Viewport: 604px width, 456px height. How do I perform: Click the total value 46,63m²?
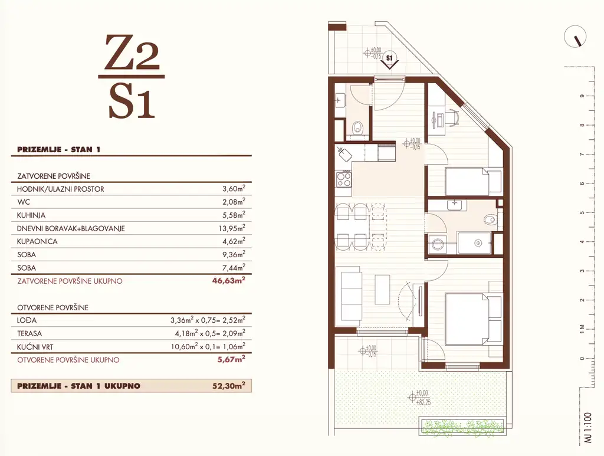pos(228,281)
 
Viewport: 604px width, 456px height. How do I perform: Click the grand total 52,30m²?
pos(228,386)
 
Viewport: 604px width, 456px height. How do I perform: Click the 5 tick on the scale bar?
pos(582,212)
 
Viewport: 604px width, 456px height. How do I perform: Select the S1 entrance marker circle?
pos(389,58)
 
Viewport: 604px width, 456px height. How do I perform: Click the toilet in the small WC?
pos(357,128)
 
